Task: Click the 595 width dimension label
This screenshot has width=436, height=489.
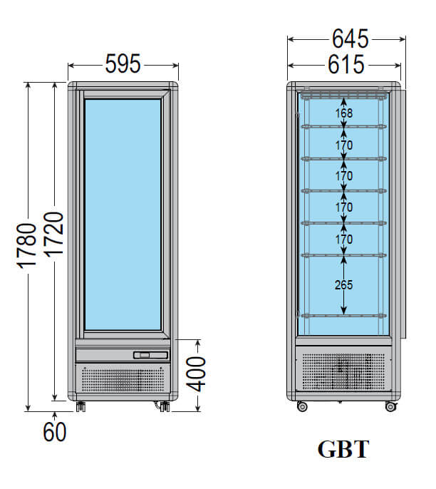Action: tap(123, 64)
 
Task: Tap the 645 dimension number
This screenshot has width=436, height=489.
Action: tap(350, 39)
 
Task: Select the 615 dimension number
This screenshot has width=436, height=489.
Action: tap(346, 65)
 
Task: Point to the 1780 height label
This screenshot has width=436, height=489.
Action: tap(27, 246)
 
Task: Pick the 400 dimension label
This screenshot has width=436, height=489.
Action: tap(197, 374)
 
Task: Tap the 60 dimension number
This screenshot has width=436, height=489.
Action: tap(55, 432)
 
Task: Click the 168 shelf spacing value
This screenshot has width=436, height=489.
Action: tap(344, 113)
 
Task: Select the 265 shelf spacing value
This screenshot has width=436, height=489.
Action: tap(343, 284)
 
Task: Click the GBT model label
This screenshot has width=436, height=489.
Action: tap(343, 449)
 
